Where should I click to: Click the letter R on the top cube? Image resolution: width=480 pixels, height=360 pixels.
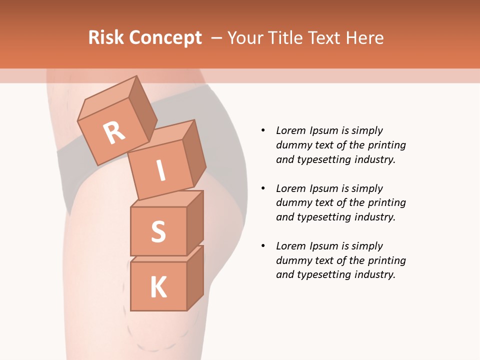click(x=114, y=133)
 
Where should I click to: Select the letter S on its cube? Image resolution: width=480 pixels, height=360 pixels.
click(x=158, y=231)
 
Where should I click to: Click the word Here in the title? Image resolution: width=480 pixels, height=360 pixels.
click(x=365, y=37)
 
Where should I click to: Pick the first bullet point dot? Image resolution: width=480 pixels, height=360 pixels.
click(x=263, y=130)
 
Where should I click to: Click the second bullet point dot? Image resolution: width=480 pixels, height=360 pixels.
click(x=263, y=188)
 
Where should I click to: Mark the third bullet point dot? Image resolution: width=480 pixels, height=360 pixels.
click(x=263, y=246)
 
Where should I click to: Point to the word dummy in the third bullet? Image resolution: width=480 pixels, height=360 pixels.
click(x=292, y=260)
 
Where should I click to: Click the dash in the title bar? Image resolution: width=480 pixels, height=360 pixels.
click(x=216, y=37)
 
